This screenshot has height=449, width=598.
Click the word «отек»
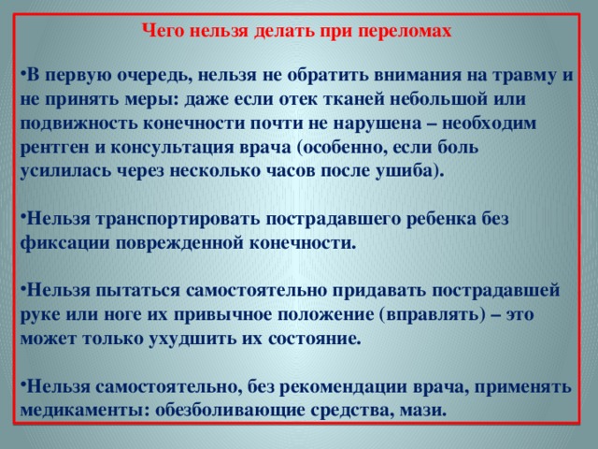pyautogui.click(x=298, y=100)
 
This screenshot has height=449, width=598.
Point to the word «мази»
pyautogui.click(x=422, y=411)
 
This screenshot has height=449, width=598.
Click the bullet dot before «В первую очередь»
pyautogui.click(x=22, y=72)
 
